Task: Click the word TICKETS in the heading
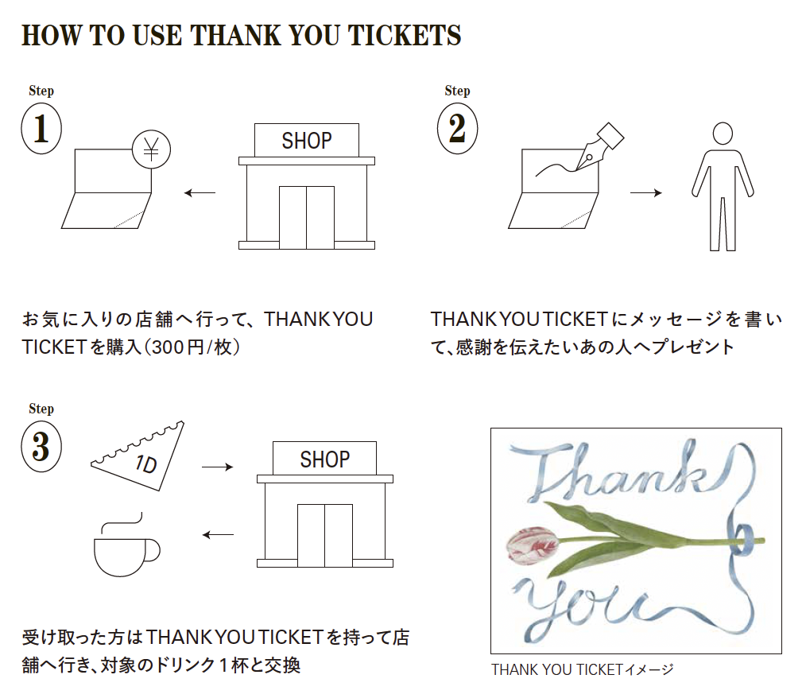(x=405, y=36)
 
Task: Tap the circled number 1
(x=41, y=129)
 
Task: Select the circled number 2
(x=457, y=129)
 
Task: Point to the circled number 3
(x=41, y=446)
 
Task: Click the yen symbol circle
(x=151, y=149)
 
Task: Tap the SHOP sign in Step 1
(x=307, y=141)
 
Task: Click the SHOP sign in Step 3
(x=325, y=459)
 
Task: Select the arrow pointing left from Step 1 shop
(x=200, y=193)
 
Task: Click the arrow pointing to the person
(x=646, y=192)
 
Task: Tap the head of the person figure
(x=723, y=133)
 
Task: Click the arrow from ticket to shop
(x=218, y=467)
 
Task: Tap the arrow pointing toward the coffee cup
(x=218, y=535)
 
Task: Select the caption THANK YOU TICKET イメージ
(x=582, y=669)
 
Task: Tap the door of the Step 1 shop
(x=307, y=218)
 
